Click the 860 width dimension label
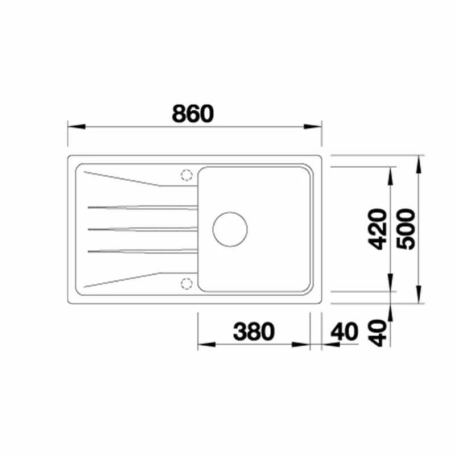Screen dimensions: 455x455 (x=193, y=113)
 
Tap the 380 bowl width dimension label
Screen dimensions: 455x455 (x=254, y=332)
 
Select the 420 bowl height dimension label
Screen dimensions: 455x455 (x=377, y=229)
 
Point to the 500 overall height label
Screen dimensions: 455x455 (x=406, y=229)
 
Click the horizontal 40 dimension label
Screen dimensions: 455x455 (x=345, y=332)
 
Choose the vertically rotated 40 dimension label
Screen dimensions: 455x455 (x=378, y=333)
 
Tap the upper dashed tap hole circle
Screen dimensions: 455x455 (x=187, y=175)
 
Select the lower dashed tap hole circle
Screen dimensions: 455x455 (x=187, y=283)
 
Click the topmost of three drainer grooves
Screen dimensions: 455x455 (x=143, y=208)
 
